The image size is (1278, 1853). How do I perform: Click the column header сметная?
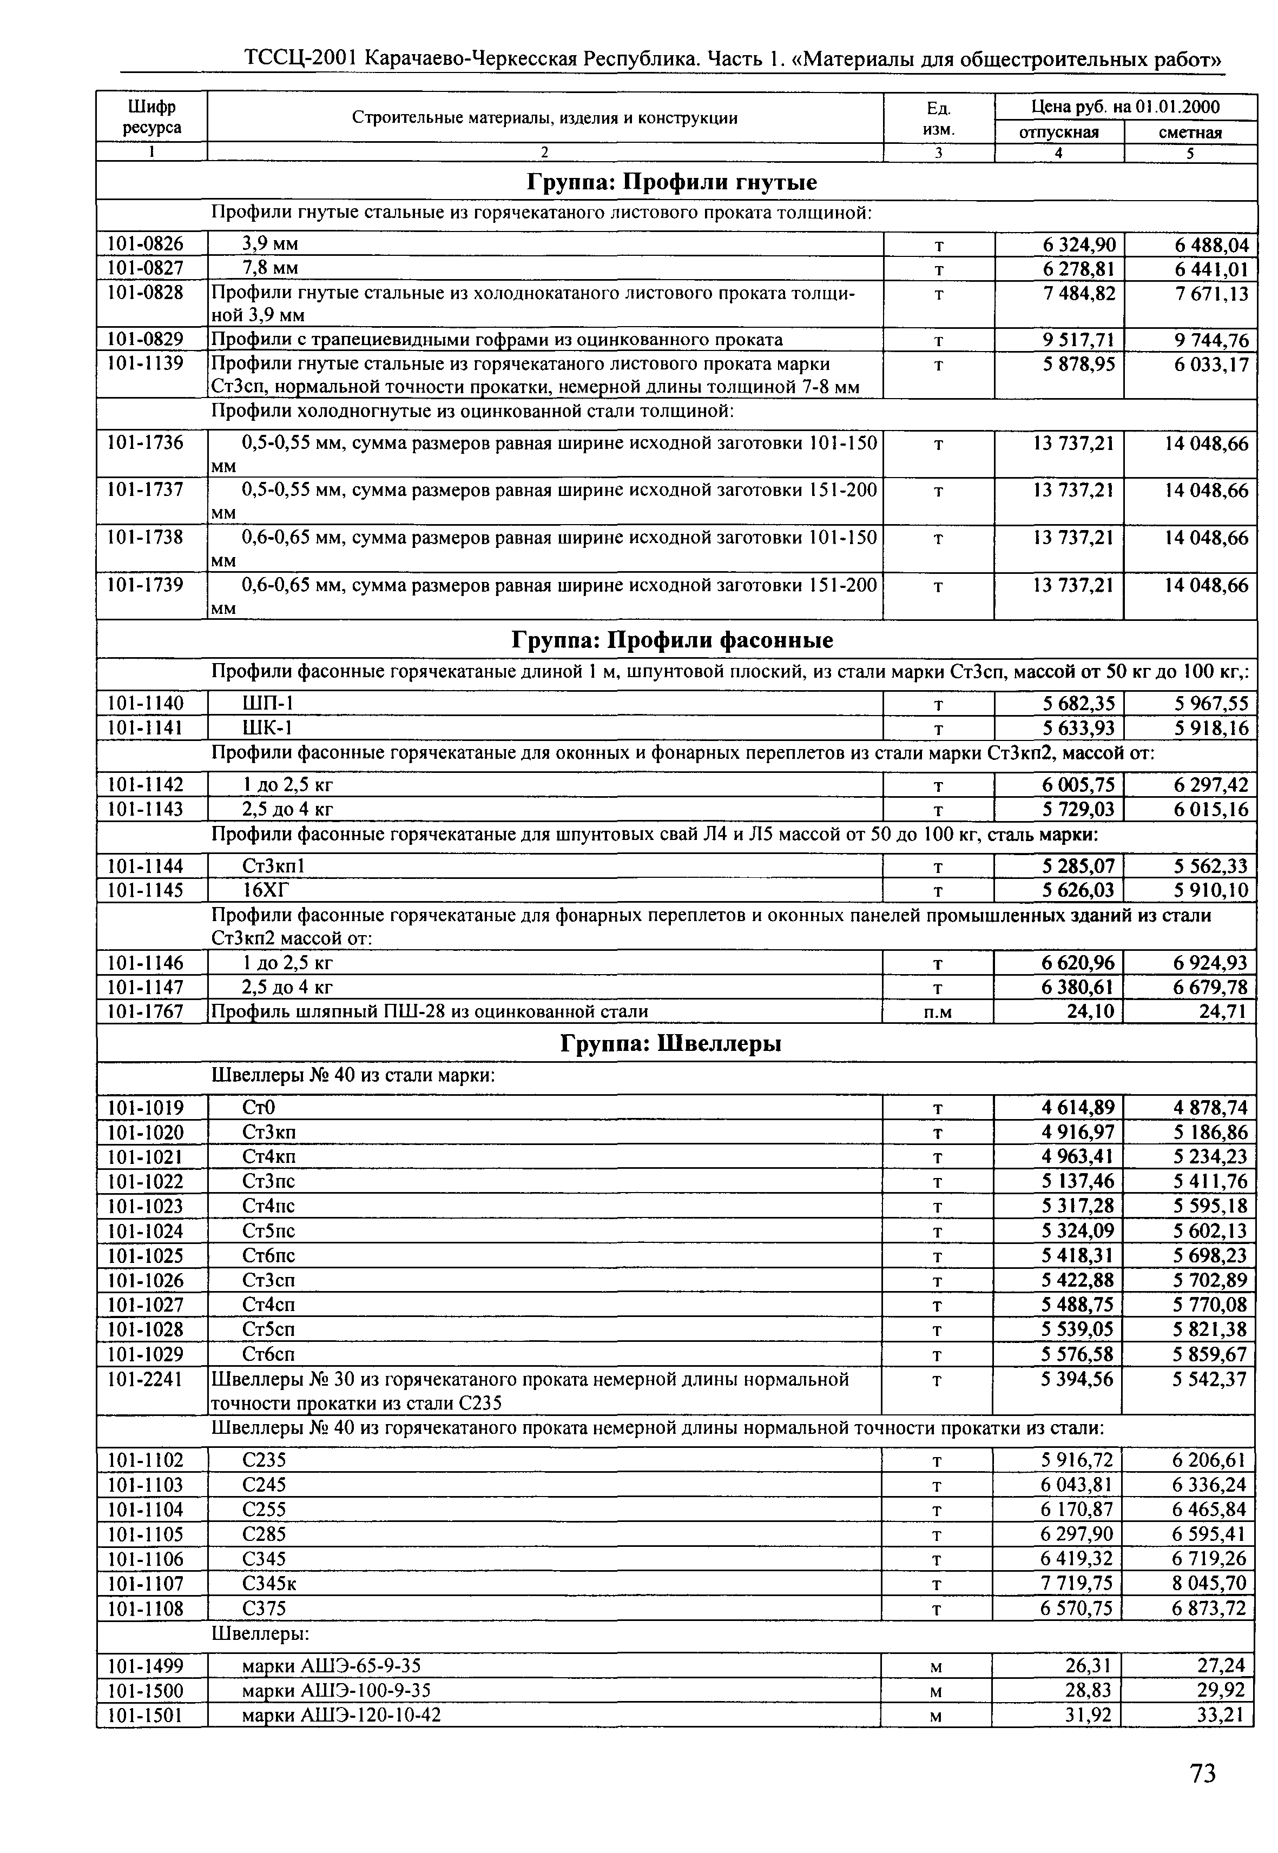(x=1190, y=132)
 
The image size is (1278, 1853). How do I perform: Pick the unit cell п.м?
(x=937, y=1012)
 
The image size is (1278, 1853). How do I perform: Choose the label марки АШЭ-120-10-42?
(x=341, y=1715)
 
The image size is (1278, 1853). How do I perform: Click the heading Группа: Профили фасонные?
(x=672, y=640)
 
